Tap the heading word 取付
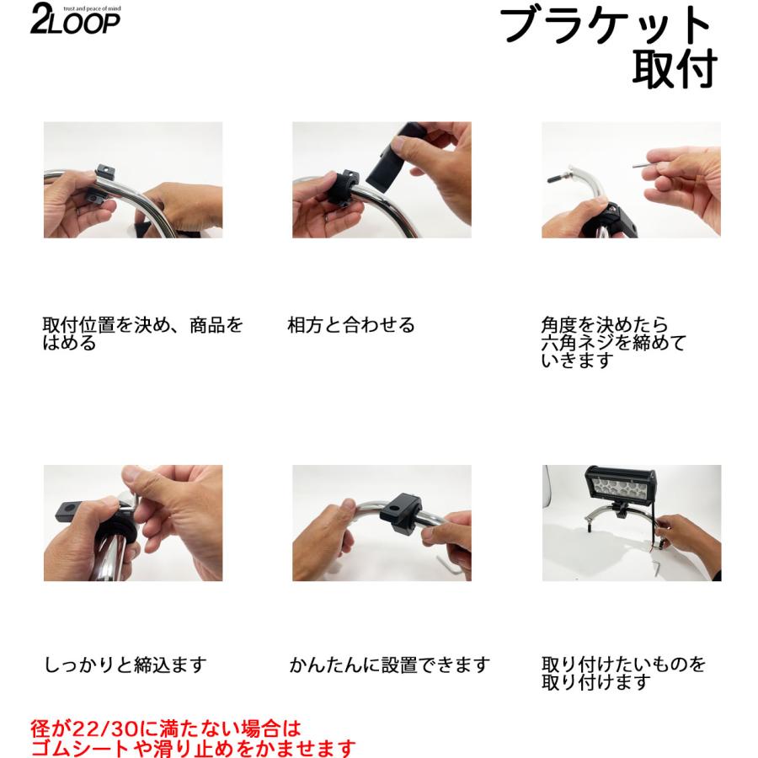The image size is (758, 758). pyautogui.click(x=674, y=69)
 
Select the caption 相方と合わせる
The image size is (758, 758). pyautogui.click(x=351, y=326)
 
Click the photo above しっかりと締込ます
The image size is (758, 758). pyautogui.click(x=133, y=522)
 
